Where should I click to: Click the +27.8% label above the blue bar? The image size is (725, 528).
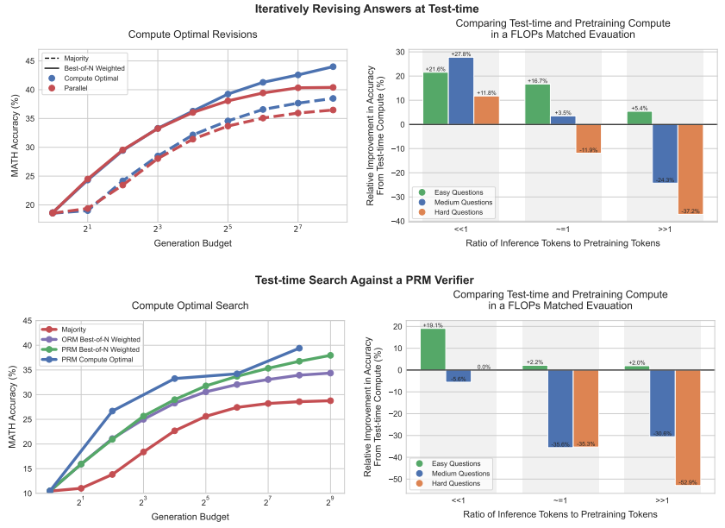coord(460,53)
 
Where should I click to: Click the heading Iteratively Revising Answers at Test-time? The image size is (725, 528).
coord(362,9)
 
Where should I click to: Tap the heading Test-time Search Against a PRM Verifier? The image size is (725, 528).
coord(362,280)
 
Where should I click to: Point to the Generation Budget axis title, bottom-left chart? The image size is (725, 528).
coord(190,517)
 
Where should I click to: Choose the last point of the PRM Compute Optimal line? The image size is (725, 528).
coord(299,348)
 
